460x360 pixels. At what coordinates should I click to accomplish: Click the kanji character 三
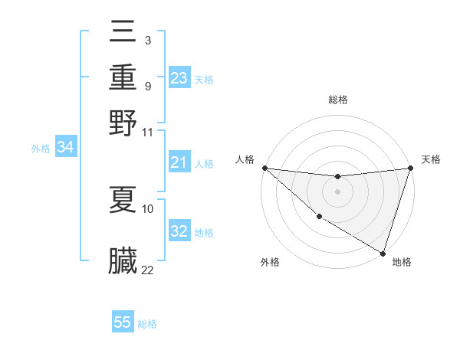click(x=123, y=31)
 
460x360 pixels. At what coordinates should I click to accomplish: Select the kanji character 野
click(x=123, y=123)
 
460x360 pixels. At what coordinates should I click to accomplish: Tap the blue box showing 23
click(x=179, y=77)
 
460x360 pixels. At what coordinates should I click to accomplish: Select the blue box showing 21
click(x=179, y=162)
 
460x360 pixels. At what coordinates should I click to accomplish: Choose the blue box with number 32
click(x=179, y=231)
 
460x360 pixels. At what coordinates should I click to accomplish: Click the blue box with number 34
click(x=66, y=148)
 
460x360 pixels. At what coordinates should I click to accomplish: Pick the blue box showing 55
click(x=123, y=322)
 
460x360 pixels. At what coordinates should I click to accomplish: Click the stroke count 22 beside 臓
click(x=147, y=270)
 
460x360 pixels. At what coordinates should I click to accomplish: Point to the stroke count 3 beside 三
click(x=147, y=39)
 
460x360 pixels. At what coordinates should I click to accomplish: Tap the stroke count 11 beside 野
click(x=147, y=132)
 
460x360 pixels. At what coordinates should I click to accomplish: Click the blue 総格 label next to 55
click(x=147, y=324)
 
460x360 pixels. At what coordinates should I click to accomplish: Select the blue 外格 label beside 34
click(x=41, y=149)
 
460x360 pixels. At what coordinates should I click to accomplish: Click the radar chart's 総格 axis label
click(x=337, y=100)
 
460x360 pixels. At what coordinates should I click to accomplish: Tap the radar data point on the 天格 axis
click(x=410, y=168)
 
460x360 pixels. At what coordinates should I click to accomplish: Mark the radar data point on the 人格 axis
click(x=264, y=168)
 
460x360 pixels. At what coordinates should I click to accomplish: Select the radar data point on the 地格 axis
click(x=383, y=252)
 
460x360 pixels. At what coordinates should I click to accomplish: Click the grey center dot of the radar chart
click(x=337, y=191)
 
